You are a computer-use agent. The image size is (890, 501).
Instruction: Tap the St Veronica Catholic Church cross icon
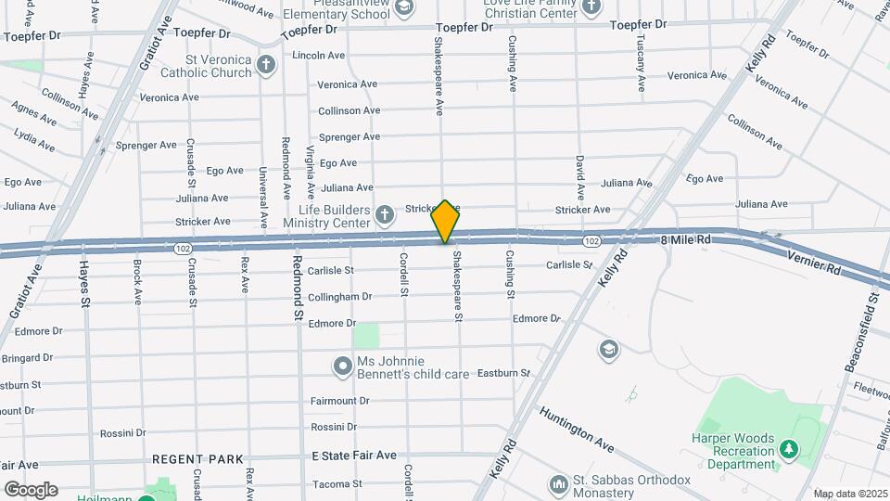pyautogui.click(x=267, y=65)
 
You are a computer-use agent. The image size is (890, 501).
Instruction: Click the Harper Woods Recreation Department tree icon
pyautogui.click(x=789, y=450)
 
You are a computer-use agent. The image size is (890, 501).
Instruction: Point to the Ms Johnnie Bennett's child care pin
pyautogui.click(x=344, y=367)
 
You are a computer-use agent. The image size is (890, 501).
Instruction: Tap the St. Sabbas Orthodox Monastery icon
pyautogui.click(x=558, y=484)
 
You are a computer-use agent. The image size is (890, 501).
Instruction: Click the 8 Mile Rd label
pyautogui.click(x=686, y=239)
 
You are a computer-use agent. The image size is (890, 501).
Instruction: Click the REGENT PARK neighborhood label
pyautogui.click(x=197, y=459)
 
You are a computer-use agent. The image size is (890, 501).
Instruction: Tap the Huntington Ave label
pyautogui.click(x=577, y=429)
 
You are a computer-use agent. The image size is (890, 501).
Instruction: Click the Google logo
pyautogui.click(x=31, y=489)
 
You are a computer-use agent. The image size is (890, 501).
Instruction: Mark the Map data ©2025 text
pyautogui.click(x=849, y=494)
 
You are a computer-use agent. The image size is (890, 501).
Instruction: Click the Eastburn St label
pyautogui.click(x=503, y=373)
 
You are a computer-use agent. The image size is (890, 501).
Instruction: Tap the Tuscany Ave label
pyautogui.click(x=641, y=63)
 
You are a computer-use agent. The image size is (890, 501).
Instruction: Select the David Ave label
pyautogui.click(x=580, y=178)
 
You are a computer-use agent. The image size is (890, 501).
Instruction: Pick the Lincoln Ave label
pyautogui.click(x=319, y=56)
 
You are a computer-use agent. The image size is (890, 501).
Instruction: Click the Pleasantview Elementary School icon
pyautogui.click(x=403, y=7)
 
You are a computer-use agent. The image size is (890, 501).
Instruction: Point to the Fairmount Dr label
pyautogui.click(x=340, y=401)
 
